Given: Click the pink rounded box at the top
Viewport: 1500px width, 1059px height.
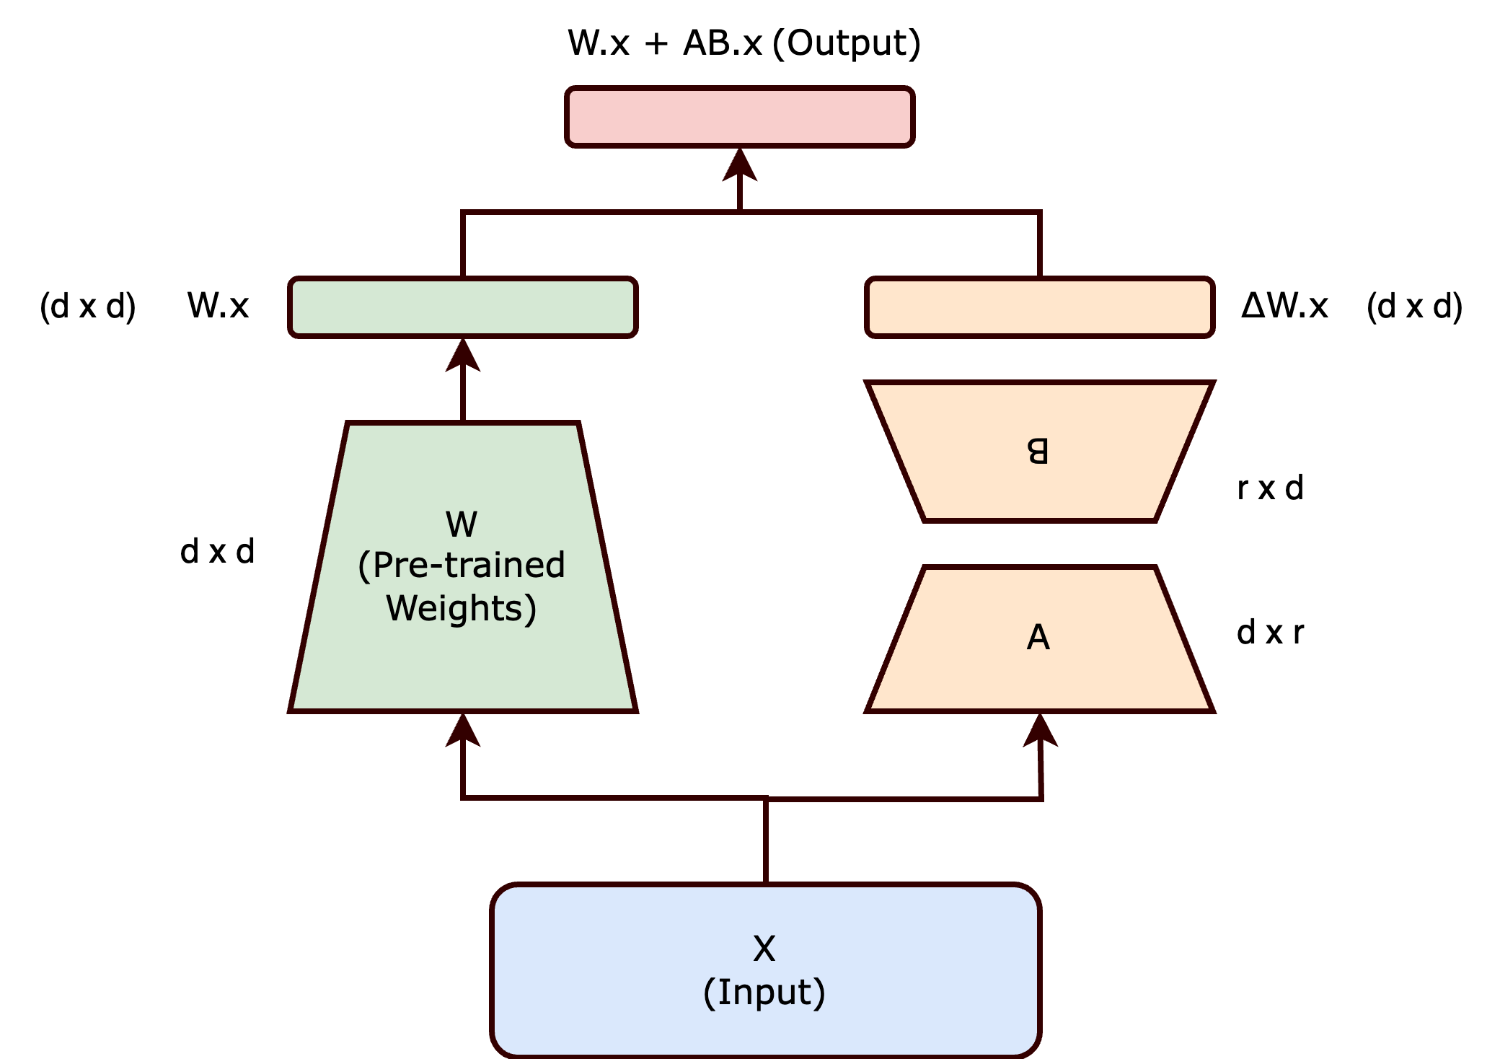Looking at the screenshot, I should (x=740, y=117).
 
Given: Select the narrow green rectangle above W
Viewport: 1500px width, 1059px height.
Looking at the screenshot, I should (x=462, y=307).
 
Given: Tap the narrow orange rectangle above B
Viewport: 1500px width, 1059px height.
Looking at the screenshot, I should (x=1039, y=307).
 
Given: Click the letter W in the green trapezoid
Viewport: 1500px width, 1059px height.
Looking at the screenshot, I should (x=462, y=524).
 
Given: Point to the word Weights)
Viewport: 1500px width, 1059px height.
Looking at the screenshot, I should (x=462, y=608).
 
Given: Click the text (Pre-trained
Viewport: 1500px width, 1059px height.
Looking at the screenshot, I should (x=462, y=566).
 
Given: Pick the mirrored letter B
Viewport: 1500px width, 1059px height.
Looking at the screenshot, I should (x=1038, y=452).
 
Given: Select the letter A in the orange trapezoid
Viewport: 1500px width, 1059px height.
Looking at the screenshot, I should (x=1038, y=638).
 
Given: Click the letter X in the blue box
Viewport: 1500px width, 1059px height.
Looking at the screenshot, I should (x=764, y=949).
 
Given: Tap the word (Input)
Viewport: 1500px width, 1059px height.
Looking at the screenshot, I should (x=764, y=993).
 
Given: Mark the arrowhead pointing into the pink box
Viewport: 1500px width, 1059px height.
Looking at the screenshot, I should (x=740, y=164).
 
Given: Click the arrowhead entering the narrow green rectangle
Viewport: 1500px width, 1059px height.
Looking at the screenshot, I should (x=462, y=355).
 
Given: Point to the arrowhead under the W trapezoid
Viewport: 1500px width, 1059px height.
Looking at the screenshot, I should (x=462, y=730).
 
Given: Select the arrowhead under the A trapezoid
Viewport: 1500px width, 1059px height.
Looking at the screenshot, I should (x=1040, y=730).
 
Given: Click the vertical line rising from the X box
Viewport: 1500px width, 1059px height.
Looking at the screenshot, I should (x=766, y=840).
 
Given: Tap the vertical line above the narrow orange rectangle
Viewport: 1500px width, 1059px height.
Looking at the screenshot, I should (x=1039, y=244).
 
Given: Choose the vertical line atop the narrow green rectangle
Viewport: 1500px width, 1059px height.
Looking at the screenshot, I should (x=462, y=244).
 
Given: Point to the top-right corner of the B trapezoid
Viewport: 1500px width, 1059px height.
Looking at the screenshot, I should (x=1212, y=384).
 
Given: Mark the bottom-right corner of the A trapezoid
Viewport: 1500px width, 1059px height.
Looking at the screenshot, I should (x=1212, y=710).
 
